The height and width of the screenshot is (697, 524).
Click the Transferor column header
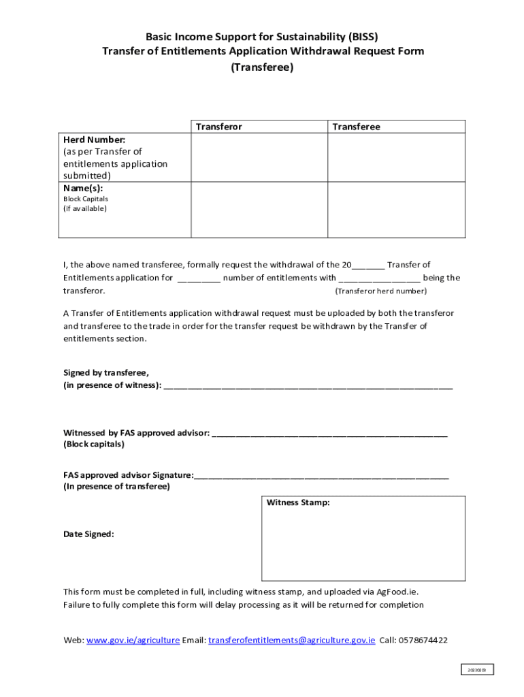click(219, 127)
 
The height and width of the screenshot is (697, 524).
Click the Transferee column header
click(356, 127)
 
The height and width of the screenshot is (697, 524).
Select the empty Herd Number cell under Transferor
click(260, 157)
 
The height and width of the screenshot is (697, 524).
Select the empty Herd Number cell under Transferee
click(397, 157)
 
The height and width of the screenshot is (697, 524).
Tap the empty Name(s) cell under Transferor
click(260, 210)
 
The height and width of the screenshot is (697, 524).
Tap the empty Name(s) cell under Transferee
click(397, 210)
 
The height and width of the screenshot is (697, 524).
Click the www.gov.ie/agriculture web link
click(133, 641)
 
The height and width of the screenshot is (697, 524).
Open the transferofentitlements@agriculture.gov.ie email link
click(291, 641)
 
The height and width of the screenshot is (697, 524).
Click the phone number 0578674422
click(423, 641)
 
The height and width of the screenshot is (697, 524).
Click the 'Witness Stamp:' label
click(298, 503)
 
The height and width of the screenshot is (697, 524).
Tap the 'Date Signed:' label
click(88, 534)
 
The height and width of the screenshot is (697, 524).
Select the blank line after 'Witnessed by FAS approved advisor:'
click(330, 433)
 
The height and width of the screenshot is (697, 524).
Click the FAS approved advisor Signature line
click(321, 475)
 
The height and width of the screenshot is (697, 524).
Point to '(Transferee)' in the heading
click(262, 67)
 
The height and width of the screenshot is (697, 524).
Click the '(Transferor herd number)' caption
click(381, 291)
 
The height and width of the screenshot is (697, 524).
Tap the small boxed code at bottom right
click(476, 670)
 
